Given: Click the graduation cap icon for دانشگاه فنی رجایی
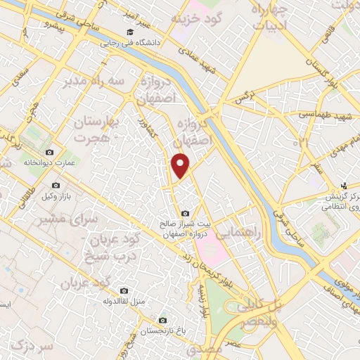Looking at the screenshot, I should (x=129, y=32).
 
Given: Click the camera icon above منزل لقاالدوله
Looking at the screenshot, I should (x=124, y=290).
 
